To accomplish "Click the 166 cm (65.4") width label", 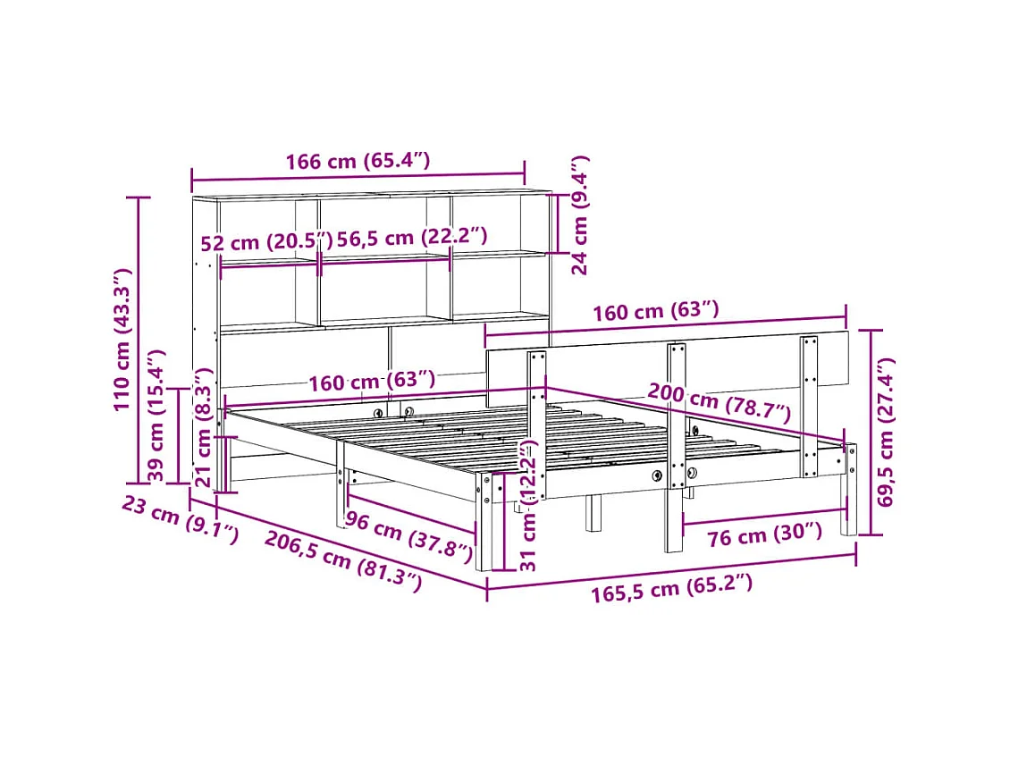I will point(358,162).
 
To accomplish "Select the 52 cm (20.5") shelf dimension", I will point(265,241).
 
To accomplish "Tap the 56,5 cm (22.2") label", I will point(412,237).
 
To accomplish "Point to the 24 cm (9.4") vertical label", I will point(581,214).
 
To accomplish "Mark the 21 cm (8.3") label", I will point(205,428).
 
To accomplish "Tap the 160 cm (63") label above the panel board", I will point(656,311).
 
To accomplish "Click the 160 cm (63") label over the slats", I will point(372,383).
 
